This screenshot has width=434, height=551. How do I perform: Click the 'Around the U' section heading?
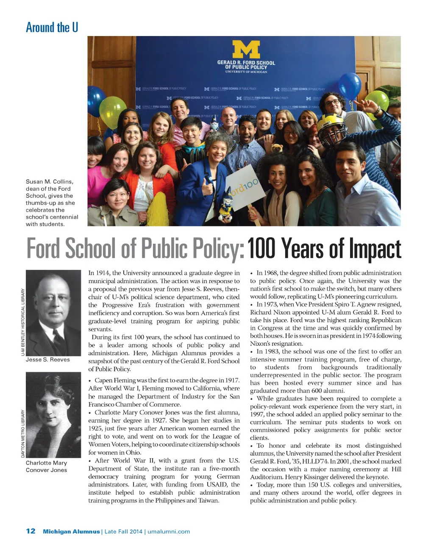pos(52,28)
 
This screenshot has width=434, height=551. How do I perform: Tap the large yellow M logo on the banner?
pos(246,50)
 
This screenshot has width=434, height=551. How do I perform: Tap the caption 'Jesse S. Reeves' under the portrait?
pos(48,359)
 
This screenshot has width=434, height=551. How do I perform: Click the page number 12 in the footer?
pos(31,531)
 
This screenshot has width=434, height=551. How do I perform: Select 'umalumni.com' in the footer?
pos(169,532)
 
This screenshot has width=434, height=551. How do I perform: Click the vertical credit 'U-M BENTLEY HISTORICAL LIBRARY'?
pos(23,322)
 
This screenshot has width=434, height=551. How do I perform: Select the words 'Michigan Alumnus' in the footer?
pos(71,532)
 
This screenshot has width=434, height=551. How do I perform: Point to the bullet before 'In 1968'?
pos(252,273)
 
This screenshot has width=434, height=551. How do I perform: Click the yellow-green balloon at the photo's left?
pos(112,112)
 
